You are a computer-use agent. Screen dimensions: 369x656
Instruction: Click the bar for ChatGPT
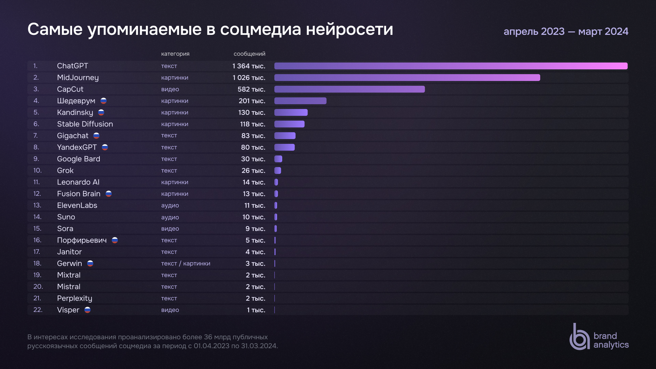451,66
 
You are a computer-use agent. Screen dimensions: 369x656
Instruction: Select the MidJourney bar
407,78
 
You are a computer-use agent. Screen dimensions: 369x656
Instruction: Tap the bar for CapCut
349,89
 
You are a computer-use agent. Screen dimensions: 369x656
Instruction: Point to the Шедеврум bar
300,101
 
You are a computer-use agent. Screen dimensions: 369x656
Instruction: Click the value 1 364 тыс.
249,66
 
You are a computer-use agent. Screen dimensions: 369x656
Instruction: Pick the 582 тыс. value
251,89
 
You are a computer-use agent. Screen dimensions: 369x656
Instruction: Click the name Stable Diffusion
85,124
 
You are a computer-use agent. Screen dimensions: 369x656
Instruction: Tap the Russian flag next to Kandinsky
101,112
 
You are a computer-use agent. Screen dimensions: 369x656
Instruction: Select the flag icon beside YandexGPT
105,147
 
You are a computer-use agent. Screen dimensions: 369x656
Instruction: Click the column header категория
175,54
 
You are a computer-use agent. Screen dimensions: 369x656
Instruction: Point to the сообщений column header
249,54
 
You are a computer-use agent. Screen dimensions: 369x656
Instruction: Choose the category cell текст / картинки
186,263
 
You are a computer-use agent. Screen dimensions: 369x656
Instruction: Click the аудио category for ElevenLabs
170,205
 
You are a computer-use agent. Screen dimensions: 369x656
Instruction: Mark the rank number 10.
37,170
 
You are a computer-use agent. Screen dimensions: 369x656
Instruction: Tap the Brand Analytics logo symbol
579,337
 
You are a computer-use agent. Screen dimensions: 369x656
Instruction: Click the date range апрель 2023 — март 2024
566,31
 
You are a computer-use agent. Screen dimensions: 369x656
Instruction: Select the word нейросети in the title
350,29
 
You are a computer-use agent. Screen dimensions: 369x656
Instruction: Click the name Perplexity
74,298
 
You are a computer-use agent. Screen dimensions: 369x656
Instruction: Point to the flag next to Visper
87,310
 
